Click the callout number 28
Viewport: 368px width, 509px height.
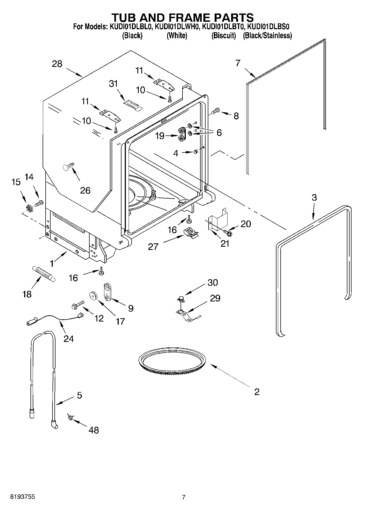[x=57, y=64]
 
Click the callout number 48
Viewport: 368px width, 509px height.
[x=94, y=430]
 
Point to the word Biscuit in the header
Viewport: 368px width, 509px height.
[x=224, y=36]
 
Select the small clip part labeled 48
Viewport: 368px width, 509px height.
[x=70, y=418]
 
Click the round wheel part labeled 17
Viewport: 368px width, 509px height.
[x=94, y=296]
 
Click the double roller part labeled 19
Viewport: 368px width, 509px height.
[x=181, y=135]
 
